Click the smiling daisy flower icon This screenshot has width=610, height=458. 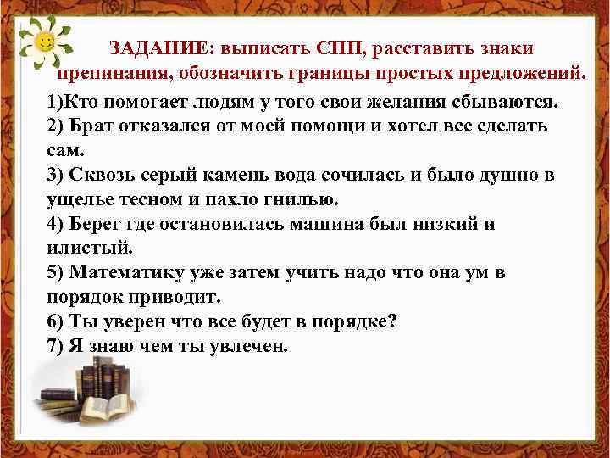pyautogui.click(x=46, y=42)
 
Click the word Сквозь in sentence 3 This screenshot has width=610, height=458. pyautogui.click(x=105, y=176)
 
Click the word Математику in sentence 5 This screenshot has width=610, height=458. pyautogui.click(x=126, y=273)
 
